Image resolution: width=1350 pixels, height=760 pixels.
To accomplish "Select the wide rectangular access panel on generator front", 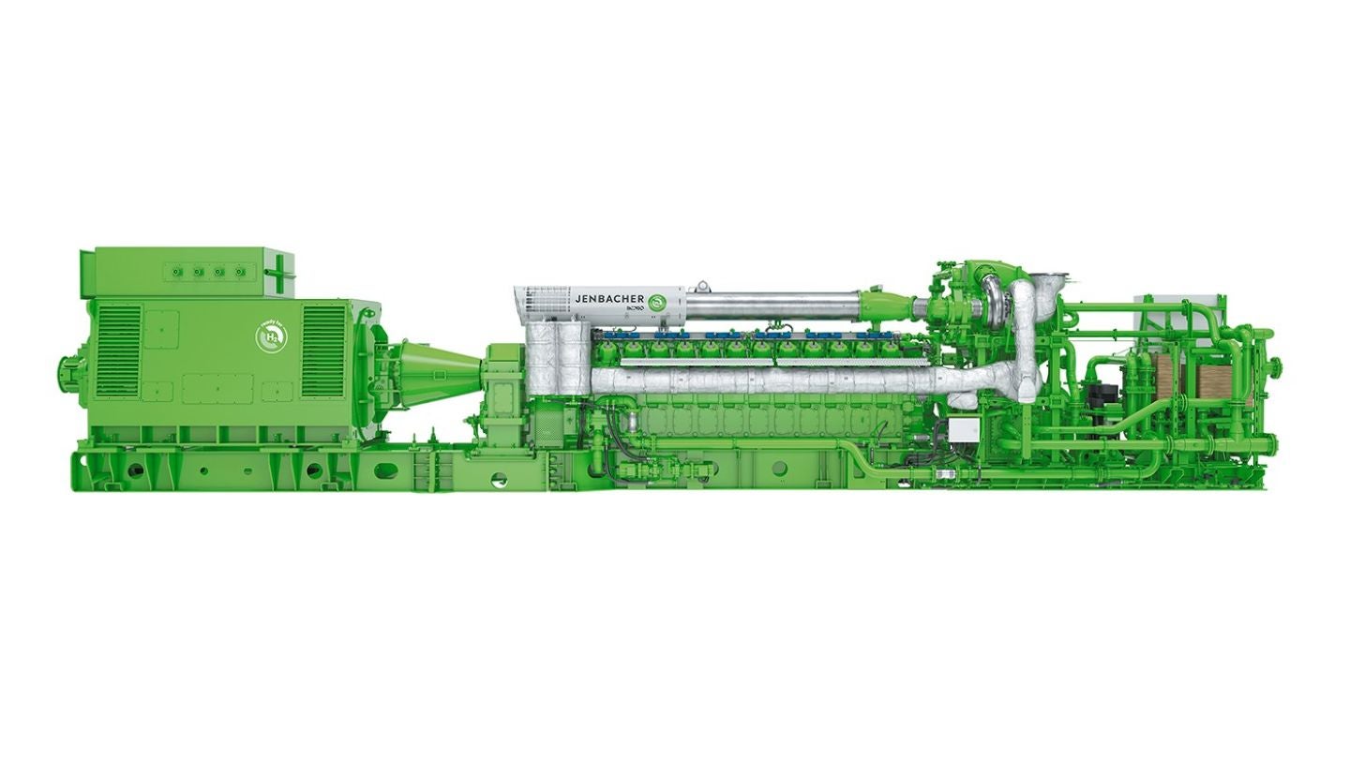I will (217, 387).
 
